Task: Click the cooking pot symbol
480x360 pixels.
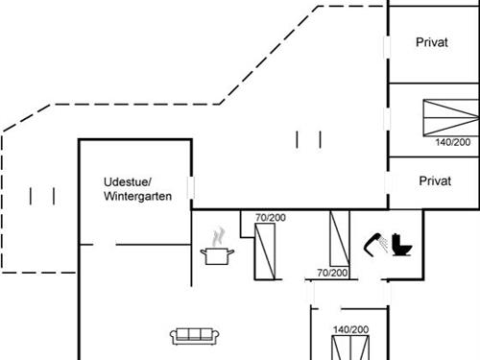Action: click(x=217, y=254)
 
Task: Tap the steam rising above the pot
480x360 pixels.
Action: click(x=219, y=235)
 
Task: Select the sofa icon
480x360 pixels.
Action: click(x=195, y=335)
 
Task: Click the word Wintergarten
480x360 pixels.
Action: click(x=137, y=196)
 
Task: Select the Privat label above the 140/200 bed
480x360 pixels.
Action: click(x=434, y=42)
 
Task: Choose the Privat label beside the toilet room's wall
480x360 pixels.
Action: click(x=436, y=180)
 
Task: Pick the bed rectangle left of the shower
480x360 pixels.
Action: click(x=339, y=238)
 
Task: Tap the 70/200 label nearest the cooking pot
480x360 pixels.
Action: click(x=270, y=218)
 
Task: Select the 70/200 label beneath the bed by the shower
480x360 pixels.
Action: click(x=332, y=273)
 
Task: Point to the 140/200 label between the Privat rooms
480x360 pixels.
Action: click(x=453, y=142)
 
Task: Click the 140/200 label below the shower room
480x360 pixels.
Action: click(x=350, y=329)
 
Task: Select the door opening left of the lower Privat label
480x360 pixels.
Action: click(x=388, y=182)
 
